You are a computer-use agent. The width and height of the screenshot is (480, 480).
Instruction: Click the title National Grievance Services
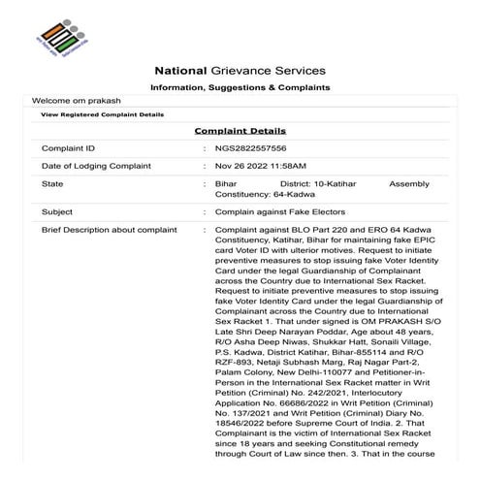(x=240, y=71)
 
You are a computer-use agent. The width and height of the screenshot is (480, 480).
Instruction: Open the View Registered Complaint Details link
(x=102, y=114)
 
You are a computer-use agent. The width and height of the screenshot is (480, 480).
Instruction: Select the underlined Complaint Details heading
(x=240, y=130)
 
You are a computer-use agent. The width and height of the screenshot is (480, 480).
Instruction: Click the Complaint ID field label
(x=68, y=148)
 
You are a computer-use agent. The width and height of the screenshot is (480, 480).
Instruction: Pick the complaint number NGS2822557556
(x=251, y=148)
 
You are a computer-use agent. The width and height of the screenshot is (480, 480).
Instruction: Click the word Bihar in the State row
(x=225, y=183)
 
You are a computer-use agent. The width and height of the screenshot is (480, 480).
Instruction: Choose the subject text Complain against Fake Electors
(x=279, y=211)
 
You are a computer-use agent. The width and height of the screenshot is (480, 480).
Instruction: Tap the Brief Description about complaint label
(x=109, y=230)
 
